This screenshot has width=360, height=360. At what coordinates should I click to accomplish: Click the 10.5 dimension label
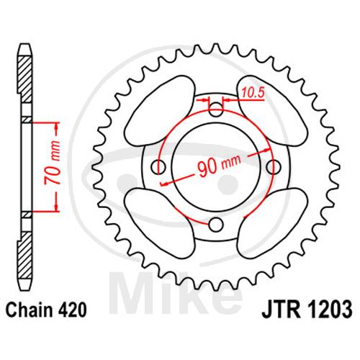coord(253,93)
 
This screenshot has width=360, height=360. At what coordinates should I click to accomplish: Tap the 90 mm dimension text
coord(218,166)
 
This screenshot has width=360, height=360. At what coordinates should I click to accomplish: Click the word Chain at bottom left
coord(30,310)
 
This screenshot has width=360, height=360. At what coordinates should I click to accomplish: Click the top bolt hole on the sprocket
coord(216,109)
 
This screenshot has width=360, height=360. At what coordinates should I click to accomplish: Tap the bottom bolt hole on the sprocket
coord(216,225)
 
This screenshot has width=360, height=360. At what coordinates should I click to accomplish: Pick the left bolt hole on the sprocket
coord(158,166)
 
